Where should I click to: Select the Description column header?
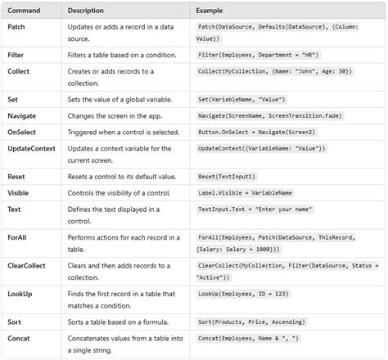pyautogui.click(x=86, y=10)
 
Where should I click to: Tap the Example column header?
pyautogui.click(x=210, y=10)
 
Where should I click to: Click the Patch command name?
pyautogui.click(x=17, y=27)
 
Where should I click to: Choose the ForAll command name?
pyautogui.click(x=19, y=237)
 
